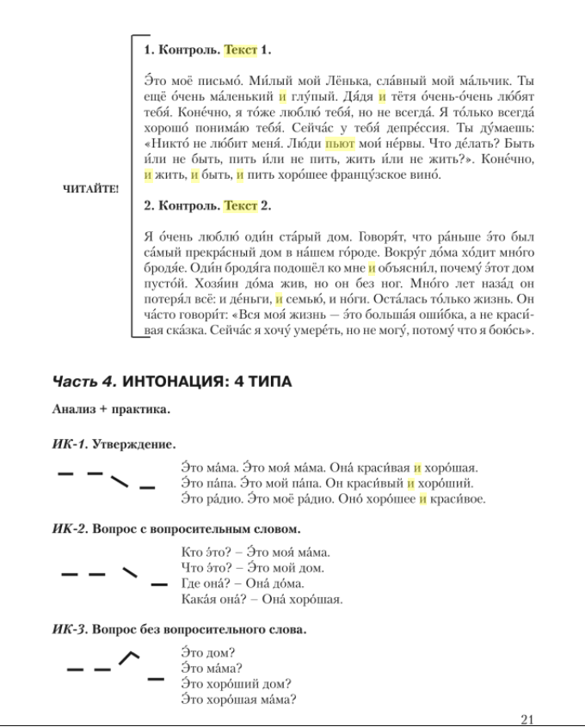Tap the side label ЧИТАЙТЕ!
click(91, 189)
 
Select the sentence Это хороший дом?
click(237, 684)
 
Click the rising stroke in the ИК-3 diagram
click(127, 657)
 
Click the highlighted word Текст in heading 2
click(240, 206)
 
